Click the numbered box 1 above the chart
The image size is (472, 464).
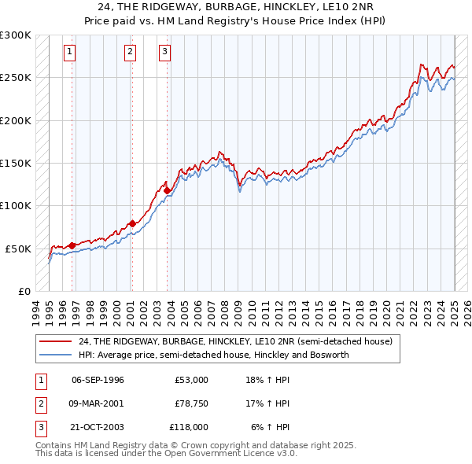pos(70,53)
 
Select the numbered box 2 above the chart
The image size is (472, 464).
pos(130,53)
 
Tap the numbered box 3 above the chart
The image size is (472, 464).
pos(164,53)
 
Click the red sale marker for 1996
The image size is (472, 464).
pos(72,245)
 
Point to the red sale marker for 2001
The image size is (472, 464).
pos(131,223)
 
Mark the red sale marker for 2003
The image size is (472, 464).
pos(167,190)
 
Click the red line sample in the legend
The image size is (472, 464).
pos(57,341)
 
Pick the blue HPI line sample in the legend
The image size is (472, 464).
pos(57,355)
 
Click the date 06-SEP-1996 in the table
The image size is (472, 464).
pos(98,380)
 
